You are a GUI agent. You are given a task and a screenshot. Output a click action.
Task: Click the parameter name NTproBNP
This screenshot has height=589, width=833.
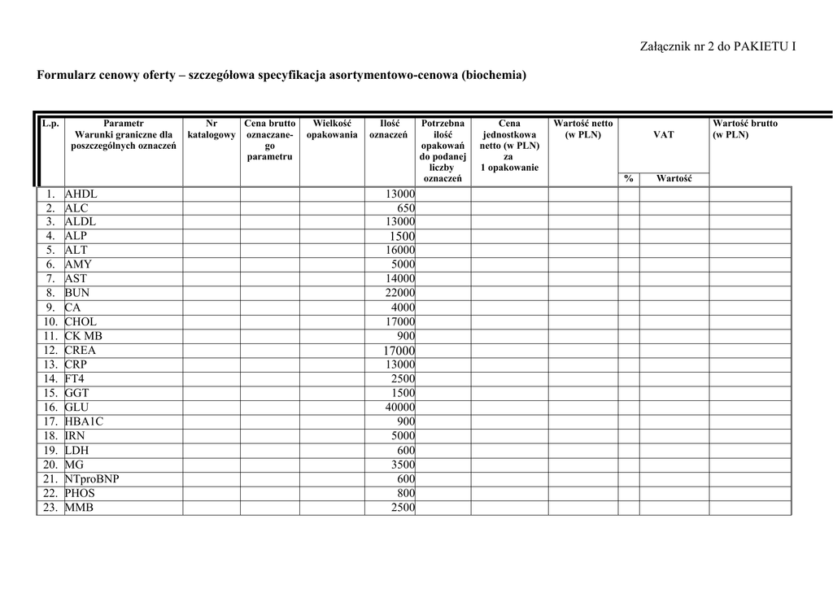[92, 479]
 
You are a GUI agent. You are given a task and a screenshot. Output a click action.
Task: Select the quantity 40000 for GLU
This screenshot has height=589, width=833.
[399, 408]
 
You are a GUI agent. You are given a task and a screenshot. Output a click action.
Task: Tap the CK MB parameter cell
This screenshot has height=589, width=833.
[84, 336]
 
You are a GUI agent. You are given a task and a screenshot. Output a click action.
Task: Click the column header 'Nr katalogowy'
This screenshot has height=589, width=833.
[212, 129]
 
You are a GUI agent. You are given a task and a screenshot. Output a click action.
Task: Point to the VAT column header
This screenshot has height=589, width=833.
[663, 134]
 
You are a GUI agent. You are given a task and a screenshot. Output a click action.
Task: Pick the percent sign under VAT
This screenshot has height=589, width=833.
[628, 178]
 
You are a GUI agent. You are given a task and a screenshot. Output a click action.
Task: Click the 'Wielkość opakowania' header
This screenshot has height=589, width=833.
[331, 129]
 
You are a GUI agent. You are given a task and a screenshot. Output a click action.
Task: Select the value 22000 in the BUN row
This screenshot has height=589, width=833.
[399, 293]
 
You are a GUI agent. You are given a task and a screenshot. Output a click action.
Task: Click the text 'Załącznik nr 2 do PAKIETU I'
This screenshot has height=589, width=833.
[718, 46]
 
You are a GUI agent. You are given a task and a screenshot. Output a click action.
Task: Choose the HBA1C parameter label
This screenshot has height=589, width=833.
[85, 421]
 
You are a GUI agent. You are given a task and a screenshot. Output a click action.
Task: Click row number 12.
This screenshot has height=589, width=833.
[50, 351]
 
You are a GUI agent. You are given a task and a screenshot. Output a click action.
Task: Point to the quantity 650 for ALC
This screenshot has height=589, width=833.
[406, 208]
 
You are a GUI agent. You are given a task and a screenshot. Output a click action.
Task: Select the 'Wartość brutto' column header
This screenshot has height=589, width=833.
[744, 129]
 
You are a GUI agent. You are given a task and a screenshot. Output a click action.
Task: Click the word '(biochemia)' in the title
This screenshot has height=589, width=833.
[494, 76]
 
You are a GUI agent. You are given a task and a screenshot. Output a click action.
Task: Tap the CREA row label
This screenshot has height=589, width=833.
[81, 351]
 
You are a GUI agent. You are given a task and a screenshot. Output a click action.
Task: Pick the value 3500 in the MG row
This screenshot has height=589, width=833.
[403, 465]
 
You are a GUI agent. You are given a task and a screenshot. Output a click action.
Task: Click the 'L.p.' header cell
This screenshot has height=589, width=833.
[50, 124]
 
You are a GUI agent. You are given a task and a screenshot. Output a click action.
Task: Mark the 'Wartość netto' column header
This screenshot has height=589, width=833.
[582, 129]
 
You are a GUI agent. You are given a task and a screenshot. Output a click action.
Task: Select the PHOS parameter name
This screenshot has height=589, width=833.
[80, 493]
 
